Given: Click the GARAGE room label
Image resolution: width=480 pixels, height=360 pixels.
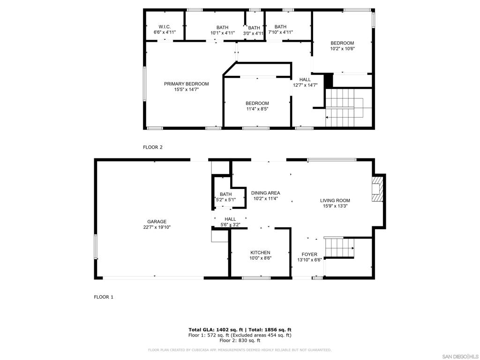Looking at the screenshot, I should coord(157,222).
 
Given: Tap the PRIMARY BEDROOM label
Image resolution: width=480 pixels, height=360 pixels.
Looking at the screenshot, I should coord(186,84).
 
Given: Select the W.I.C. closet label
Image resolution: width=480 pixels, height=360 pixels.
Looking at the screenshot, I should coord(164,27).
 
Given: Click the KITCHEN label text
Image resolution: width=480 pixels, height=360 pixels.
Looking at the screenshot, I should coord(260,253).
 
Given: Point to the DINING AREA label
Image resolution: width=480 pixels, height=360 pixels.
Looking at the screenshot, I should coord(265,193).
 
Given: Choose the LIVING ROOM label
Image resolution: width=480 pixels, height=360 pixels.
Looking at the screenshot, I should coord(335,201).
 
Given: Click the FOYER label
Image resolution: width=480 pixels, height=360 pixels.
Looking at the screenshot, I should coord(309,255).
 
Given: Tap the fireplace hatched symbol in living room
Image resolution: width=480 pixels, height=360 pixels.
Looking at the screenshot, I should coord(377,188).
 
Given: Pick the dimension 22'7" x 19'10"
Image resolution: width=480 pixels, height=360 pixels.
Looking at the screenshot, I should coord(157,227).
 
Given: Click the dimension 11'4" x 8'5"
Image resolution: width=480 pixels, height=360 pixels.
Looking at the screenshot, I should coord(257,109).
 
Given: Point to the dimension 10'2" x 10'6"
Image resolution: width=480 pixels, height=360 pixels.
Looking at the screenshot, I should coord(342,49).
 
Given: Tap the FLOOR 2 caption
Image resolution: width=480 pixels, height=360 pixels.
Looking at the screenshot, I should coord(152,147).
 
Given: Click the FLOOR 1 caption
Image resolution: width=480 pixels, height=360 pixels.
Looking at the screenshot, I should coord(104,297).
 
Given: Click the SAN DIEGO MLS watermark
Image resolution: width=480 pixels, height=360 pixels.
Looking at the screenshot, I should coord(460,356).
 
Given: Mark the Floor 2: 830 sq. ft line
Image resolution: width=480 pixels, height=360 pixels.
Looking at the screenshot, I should coord(240,340).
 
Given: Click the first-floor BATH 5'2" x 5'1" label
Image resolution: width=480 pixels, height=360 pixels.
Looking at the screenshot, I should coord(225,197).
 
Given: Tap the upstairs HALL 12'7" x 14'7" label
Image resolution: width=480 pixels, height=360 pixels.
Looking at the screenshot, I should coord(305,82).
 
